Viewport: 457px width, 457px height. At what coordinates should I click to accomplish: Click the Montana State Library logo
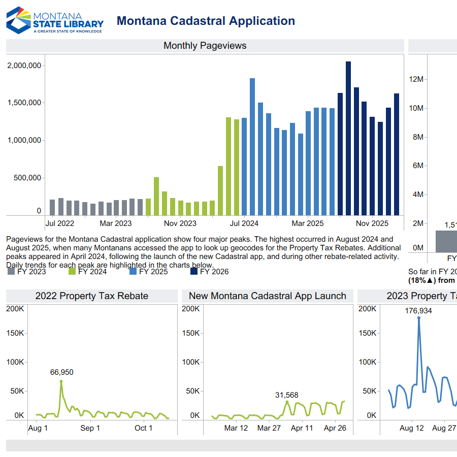click(x=54, y=20)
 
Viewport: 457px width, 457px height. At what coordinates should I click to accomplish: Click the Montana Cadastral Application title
click(x=206, y=21)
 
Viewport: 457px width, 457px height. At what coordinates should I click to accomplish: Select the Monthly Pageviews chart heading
click(x=205, y=46)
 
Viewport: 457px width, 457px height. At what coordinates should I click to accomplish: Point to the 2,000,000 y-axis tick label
click(x=24, y=66)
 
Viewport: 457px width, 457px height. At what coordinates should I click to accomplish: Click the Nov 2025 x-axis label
click(x=372, y=223)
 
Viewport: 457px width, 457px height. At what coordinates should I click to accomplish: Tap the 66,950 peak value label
click(x=61, y=372)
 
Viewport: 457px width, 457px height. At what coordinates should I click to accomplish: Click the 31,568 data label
click(x=287, y=395)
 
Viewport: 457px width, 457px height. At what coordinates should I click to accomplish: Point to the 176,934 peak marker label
click(x=418, y=311)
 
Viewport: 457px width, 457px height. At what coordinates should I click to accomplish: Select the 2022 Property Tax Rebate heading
click(x=92, y=296)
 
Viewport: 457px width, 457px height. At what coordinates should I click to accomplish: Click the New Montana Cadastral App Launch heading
click(x=268, y=296)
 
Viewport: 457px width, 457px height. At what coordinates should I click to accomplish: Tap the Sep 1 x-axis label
click(x=90, y=428)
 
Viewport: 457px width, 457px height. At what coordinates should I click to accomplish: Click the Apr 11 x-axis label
click(x=302, y=428)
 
